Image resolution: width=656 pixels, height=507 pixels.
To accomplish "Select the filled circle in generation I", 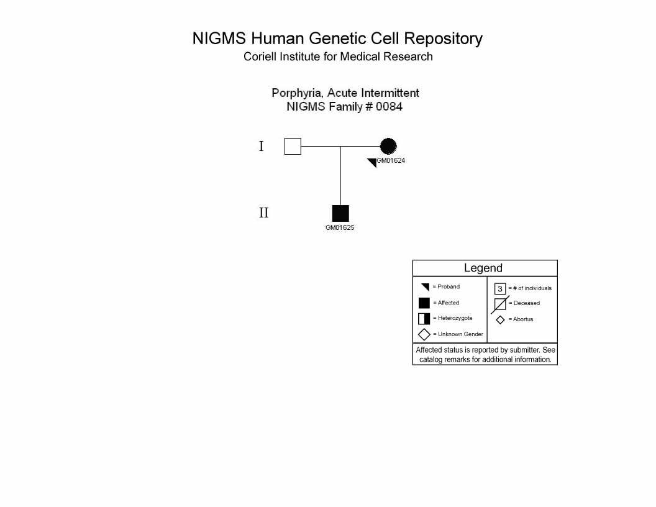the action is (x=388, y=147).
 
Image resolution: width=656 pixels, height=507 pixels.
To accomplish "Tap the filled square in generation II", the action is (x=340, y=213).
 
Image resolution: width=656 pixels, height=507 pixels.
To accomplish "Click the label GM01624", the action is (x=391, y=160).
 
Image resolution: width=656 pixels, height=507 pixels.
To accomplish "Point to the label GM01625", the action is (x=340, y=227).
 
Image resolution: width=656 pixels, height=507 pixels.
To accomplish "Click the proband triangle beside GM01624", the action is (x=373, y=162).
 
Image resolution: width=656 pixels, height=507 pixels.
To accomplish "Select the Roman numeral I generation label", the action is (x=262, y=147).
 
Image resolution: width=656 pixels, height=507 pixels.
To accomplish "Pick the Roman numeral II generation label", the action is (x=263, y=213).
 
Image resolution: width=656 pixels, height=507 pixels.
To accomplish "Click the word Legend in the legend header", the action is (x=483, y=268).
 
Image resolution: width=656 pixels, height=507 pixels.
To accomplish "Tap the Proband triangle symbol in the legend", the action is (x=426, y=286).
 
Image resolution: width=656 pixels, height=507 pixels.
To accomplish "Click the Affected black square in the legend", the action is (x=424, y=303).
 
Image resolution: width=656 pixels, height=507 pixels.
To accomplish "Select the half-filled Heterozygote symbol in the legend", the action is (x=424, y=319).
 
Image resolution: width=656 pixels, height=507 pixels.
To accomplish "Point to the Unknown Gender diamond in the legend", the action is (x=424, y=335).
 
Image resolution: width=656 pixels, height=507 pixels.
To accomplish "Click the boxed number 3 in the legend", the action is (x=500, y=289).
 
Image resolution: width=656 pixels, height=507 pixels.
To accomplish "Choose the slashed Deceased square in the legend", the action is (x=500, y=304).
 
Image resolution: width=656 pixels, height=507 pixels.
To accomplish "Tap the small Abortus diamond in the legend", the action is (x=500, y=320).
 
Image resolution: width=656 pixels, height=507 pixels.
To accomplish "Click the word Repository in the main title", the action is (x=443, y=39).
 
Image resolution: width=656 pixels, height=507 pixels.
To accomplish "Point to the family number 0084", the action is (x=389, y=107).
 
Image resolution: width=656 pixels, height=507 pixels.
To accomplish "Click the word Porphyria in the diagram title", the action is (x=298, y=93).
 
